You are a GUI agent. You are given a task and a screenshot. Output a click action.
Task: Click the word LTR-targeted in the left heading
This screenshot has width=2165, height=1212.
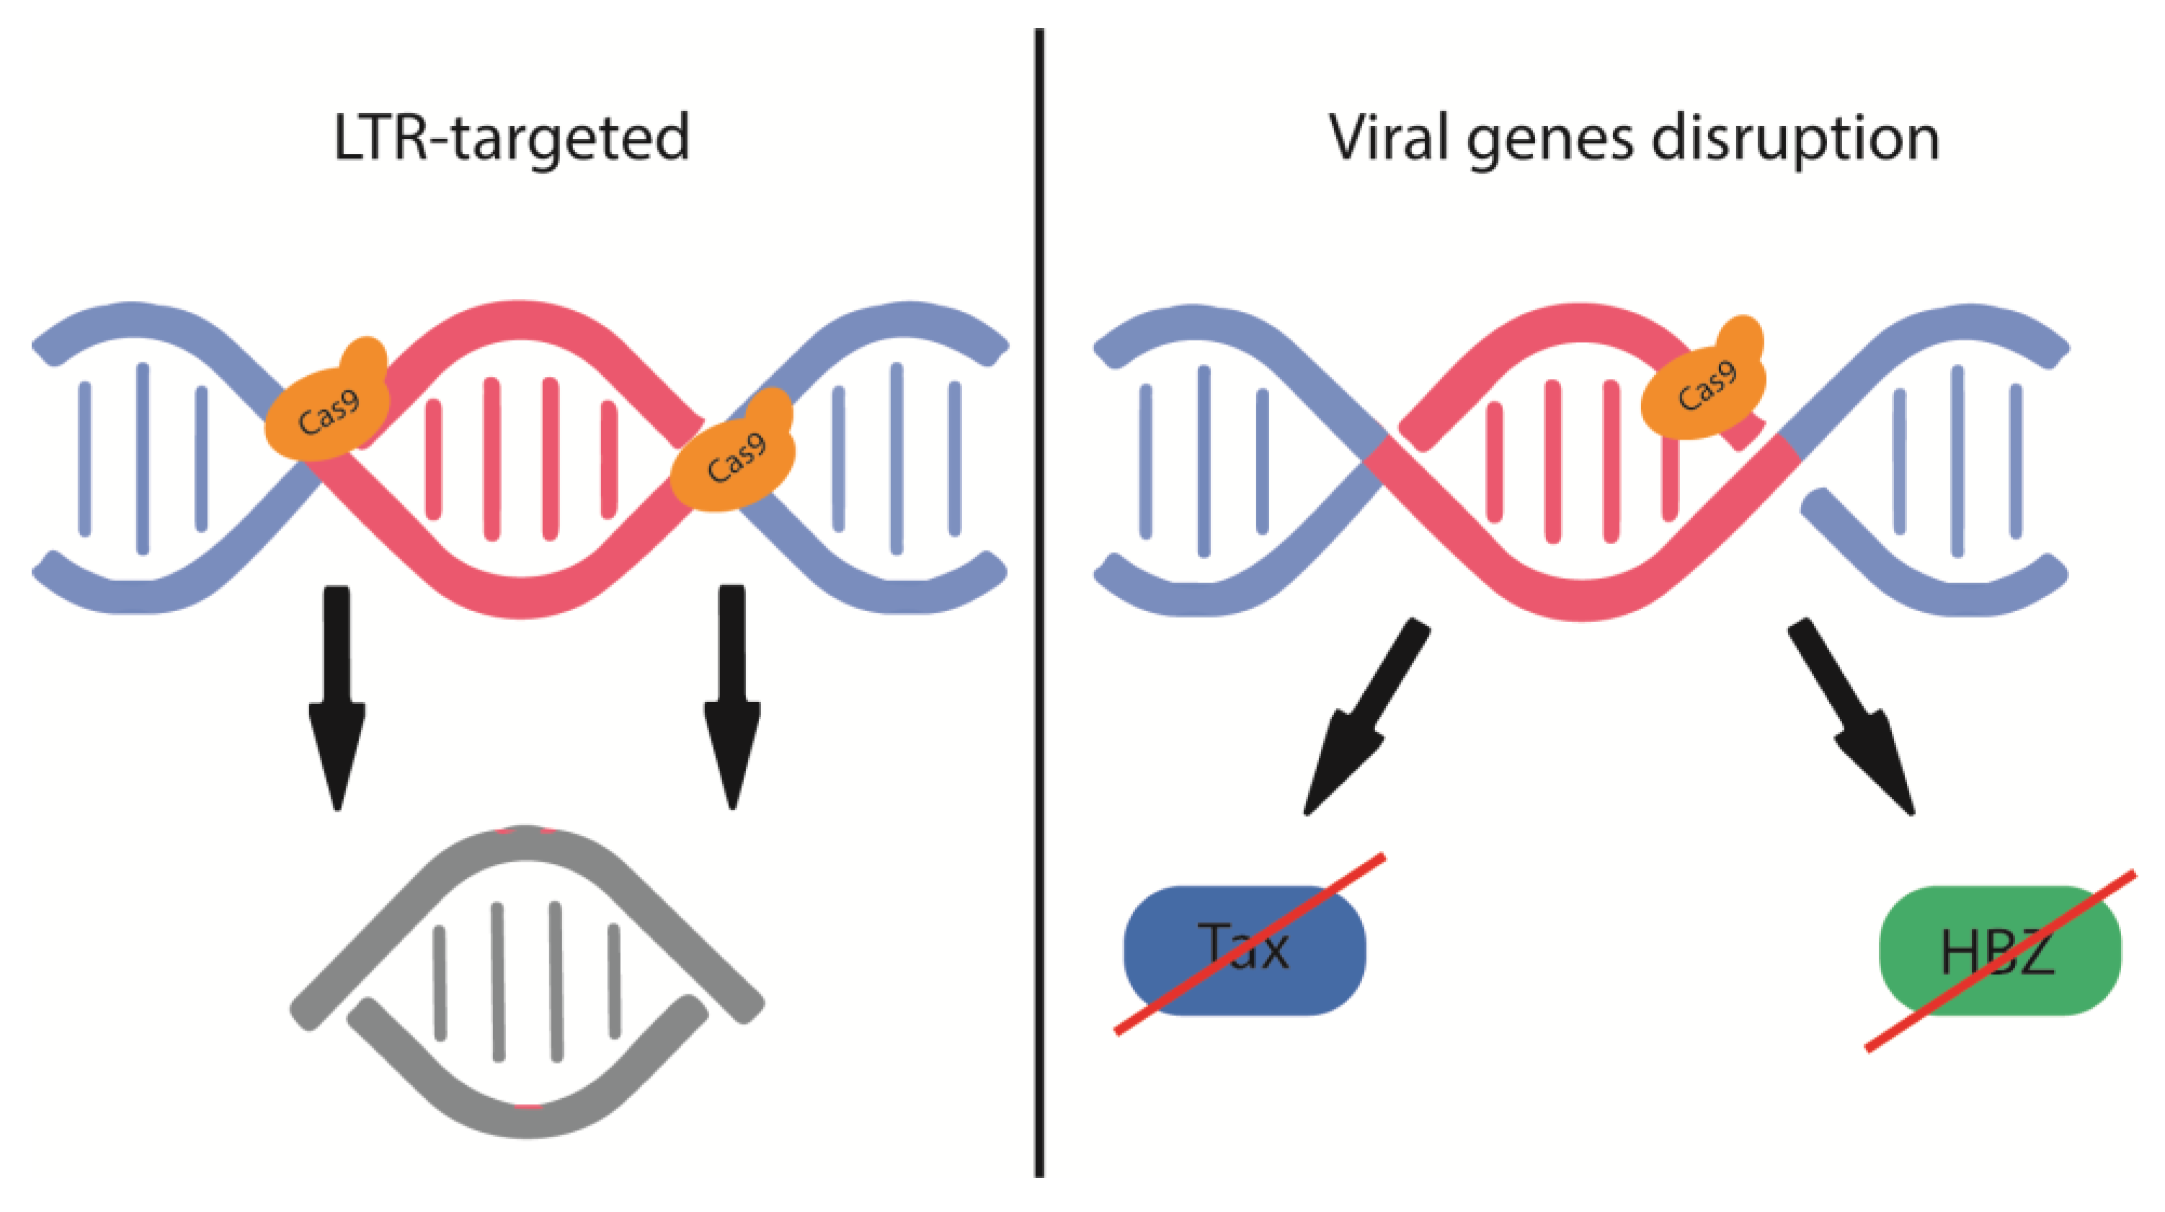coord(511,138)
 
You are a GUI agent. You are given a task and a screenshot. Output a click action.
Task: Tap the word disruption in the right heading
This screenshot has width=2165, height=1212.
coord(1795,138)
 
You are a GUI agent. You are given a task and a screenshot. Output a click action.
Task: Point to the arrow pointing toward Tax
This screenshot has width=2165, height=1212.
coord(1361,723)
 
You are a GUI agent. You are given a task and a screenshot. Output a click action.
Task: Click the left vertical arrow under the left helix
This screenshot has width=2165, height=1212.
coord(337,698)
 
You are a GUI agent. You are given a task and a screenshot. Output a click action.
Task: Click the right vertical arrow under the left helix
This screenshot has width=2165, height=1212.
coord(732,698)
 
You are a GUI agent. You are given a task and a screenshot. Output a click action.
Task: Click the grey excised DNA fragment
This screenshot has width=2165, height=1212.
coord(526,984)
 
